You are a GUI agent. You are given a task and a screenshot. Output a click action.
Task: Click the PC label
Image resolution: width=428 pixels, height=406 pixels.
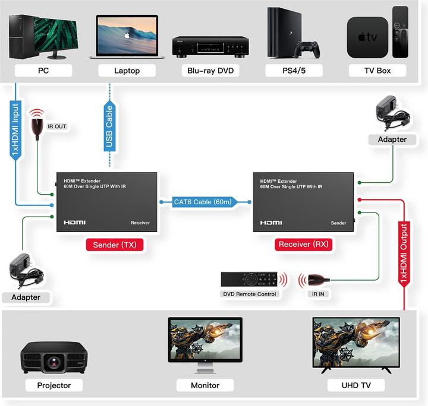[x=43, y=71]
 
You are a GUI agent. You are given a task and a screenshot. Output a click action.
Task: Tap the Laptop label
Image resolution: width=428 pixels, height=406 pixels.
[x=127, y=71]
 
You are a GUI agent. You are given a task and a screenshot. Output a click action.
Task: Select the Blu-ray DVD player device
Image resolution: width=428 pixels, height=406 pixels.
[x=210, y=46]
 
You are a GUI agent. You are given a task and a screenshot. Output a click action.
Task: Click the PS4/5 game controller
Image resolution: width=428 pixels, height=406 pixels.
[x=309, y=49]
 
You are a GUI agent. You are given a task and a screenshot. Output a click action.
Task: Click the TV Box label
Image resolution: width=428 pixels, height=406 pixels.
[x=377, y=71]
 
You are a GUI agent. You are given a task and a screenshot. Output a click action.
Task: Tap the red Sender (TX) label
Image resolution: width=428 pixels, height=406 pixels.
[x=114, y=244]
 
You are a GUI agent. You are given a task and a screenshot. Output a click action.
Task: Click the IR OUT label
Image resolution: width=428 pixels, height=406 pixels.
[x=57, y=126]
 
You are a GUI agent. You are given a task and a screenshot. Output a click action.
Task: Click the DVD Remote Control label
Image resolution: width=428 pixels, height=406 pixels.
[x=250, y=294]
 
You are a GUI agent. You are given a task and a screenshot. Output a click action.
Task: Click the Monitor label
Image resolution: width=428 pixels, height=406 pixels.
[x=205, y=385]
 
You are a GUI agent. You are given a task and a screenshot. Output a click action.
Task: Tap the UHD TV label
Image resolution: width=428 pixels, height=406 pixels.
[x=357, y=385]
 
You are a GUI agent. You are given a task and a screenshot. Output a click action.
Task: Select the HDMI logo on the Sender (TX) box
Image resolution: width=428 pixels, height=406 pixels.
[x=75, y=223]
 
